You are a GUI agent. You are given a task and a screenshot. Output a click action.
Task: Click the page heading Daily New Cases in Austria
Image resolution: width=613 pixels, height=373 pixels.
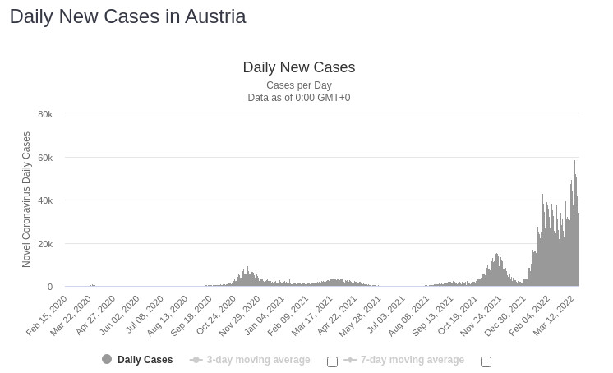point(127,16)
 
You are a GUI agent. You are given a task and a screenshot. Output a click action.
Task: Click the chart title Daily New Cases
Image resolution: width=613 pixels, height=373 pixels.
point(299,67)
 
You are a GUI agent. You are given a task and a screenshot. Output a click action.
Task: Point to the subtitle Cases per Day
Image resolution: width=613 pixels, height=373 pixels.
point(299,85)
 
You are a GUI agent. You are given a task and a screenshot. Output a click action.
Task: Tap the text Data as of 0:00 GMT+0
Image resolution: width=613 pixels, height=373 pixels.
point(299,98)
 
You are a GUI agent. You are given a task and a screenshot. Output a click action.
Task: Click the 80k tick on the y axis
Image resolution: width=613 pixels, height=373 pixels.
point(45,114)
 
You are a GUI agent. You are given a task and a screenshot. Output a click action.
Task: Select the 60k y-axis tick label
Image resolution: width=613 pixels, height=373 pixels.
point(45,158)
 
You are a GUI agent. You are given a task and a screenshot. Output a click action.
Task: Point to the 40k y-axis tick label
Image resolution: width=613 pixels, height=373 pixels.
point(45,200)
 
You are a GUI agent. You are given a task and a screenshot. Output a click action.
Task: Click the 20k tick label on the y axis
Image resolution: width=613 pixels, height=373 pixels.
point(45,244)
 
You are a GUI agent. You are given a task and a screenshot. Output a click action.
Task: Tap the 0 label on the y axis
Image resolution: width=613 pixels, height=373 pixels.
point(50,287)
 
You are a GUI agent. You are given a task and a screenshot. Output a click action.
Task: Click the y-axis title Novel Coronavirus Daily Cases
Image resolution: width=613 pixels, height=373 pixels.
point(26,200)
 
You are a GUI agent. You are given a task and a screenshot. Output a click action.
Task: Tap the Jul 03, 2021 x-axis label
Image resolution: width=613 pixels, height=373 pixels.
point(385,315)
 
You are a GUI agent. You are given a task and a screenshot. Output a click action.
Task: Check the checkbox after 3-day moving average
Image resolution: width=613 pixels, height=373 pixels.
point(332,361)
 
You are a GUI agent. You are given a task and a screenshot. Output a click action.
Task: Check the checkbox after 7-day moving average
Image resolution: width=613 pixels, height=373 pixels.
point(486,361)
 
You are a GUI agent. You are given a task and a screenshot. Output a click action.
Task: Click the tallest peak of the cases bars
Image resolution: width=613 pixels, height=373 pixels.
point(574,163)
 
